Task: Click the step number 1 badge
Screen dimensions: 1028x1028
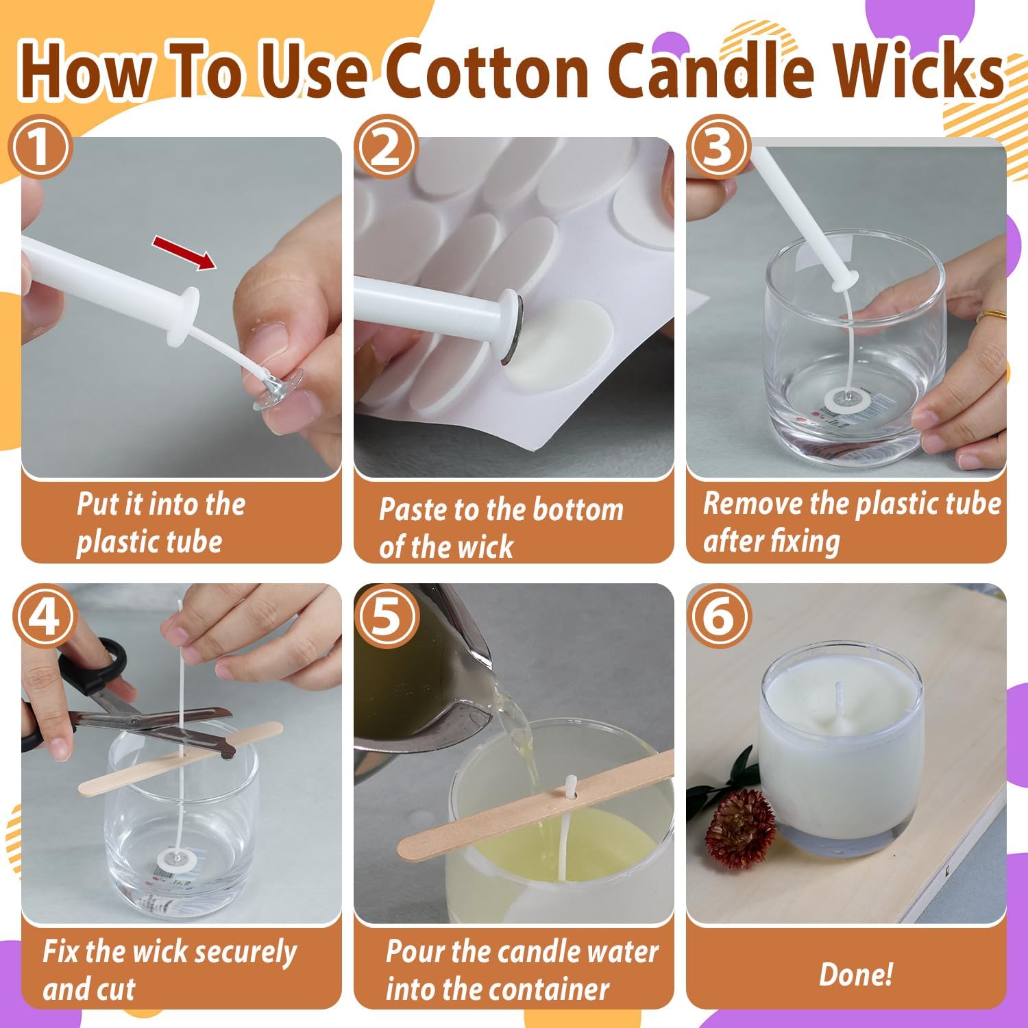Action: click(40, 147)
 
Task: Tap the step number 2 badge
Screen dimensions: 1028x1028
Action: click(387, 147)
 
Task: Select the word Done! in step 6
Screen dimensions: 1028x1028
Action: click(856, 974)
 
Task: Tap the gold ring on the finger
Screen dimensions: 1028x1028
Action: click(992, 316)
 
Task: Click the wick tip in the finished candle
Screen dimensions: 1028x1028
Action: click(837, 685)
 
